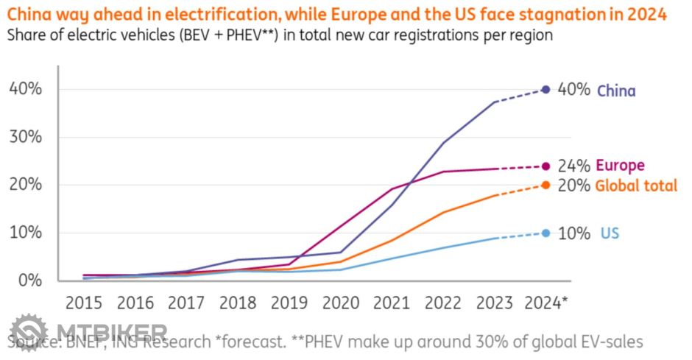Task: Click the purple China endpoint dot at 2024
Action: (x=546, y=89)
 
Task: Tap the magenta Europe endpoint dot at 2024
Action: (x=546, y=166)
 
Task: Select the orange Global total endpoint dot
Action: (x=546, y=185)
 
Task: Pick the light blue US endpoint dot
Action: (x=546, y=233)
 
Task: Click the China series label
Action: (x=615, y=91)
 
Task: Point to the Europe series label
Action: (x=620, y=166)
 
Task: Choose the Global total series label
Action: (x=636, y=186)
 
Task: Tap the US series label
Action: (x=610, y=233)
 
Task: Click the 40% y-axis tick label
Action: (x=26, y=89)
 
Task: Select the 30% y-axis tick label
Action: (x=26, y=137)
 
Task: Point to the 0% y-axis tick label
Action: (x=30, y=280)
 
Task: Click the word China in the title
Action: (x=29, y=13)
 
